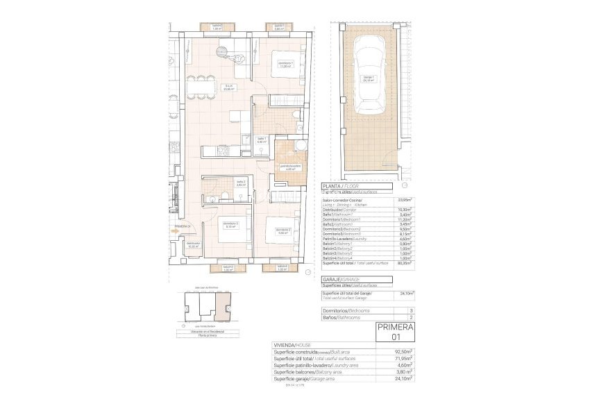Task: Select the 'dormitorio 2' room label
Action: coord(282,231)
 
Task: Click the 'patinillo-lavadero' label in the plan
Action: coord(289,167)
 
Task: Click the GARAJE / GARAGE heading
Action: coord(343,279)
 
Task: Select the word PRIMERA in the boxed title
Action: coord(395,328)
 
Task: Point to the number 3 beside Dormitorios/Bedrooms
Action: coord(411,310)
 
